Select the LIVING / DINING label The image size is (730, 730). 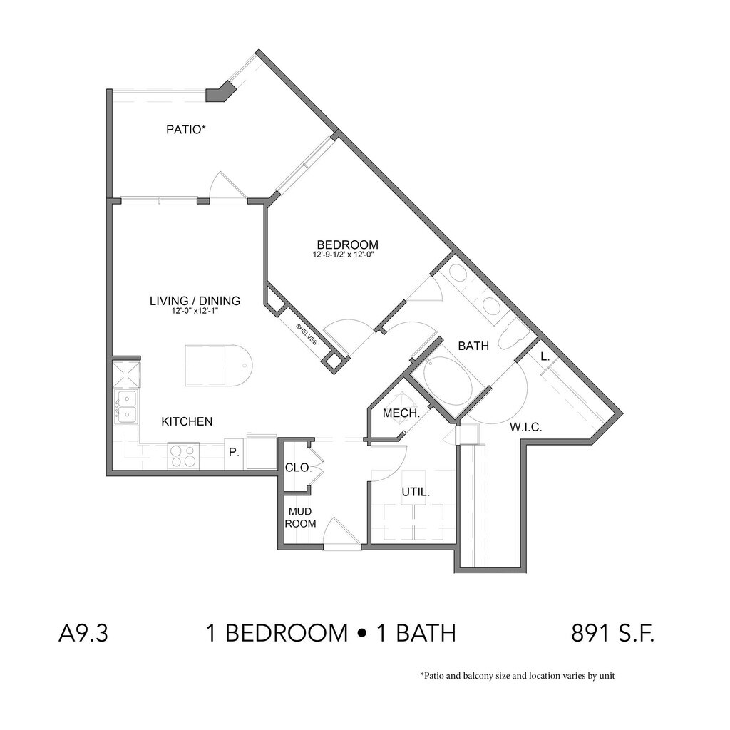(x=195, y=301)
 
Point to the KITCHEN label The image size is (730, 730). (x=187, y=421)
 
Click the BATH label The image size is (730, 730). (x=473, y=346)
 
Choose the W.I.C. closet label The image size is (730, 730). (x=526, y=428)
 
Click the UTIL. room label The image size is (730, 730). (x=415, y=492)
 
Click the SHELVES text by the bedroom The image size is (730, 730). (x=307, y=333)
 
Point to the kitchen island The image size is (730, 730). (x=218, y=366)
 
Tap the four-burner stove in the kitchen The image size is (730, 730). (x=182, y=455)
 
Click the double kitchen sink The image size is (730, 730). (x=126, y=406)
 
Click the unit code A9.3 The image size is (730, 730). (x=83, y=633)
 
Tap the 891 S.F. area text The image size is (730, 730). (x=612, y=633)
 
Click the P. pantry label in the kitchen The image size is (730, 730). (x=234, y=451)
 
